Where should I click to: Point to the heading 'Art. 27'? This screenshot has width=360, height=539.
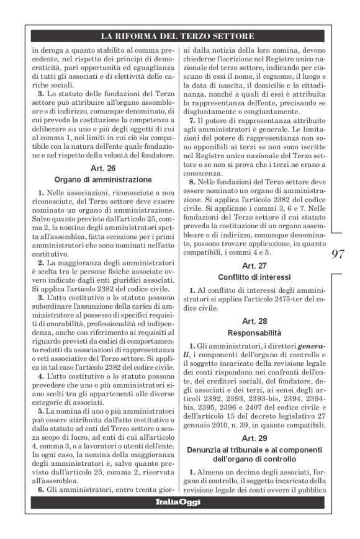coord(256,264)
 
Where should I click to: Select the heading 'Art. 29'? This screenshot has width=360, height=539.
coord(256,432)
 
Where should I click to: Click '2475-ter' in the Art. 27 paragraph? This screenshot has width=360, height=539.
coord(286,299)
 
